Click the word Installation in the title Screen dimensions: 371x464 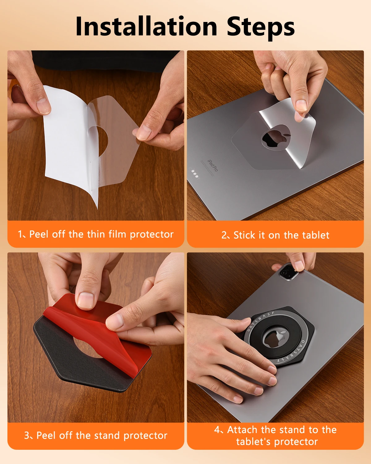click(x=146, y=26)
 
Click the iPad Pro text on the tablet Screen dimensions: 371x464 click(x=213, y=165)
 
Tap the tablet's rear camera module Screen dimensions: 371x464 click(x=288, y=273)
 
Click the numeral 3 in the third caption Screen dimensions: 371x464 click(x=27, y=435)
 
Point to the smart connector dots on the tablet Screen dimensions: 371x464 click(x=195, y=174)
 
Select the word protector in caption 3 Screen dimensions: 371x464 click(x=146, y=436)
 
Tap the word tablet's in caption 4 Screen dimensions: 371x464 click(x=253, y=441)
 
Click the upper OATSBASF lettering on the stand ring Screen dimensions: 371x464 click(x=259, y=321)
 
